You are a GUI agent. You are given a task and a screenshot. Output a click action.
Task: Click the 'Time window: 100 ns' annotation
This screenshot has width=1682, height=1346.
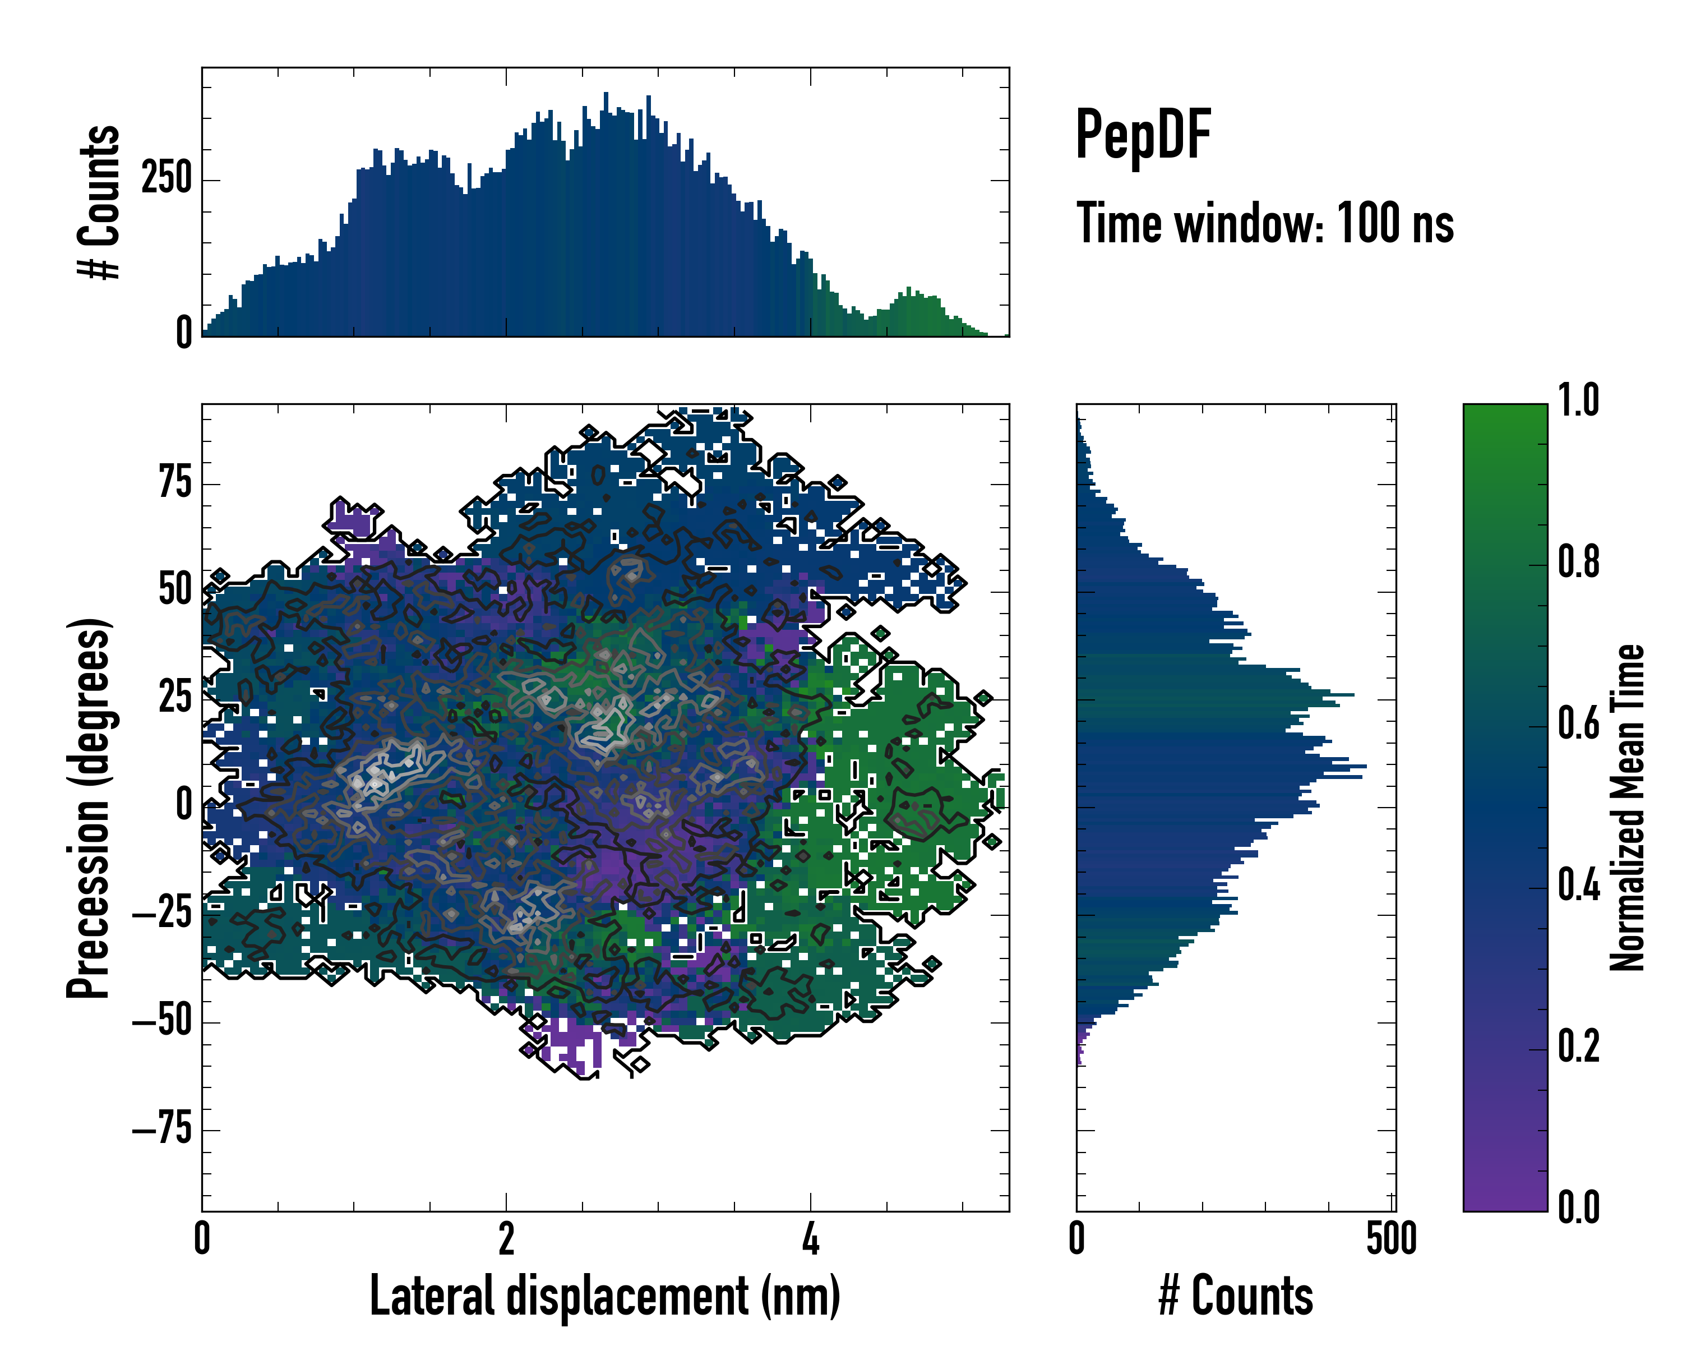coord(1265,223)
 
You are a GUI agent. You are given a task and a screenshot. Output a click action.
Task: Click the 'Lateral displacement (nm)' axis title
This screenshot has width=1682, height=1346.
coord(604,1296)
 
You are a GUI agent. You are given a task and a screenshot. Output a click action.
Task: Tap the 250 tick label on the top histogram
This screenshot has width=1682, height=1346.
coord(166,179)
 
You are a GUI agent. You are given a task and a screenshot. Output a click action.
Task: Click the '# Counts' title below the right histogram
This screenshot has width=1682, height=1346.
coord(1236,1296)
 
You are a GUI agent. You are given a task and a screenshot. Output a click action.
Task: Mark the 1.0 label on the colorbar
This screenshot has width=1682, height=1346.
coord(1578,401)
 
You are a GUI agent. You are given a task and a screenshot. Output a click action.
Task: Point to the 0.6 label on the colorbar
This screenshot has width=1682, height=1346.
coord(1578,723)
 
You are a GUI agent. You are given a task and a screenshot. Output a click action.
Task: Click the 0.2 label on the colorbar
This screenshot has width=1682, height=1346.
coord(1578,1047)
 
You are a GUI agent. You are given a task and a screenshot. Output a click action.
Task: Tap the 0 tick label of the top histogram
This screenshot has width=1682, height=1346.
coord(184,333)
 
